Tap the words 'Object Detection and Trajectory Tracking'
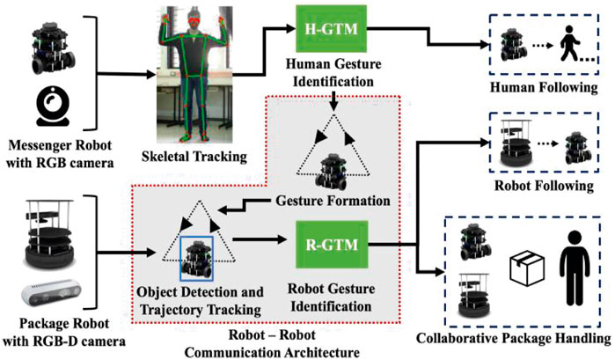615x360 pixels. coord(199,300)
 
